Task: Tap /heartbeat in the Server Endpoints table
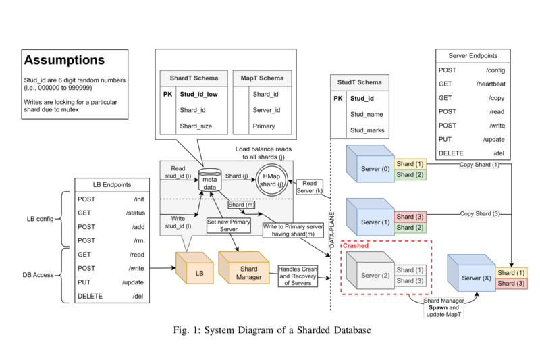(490, 84)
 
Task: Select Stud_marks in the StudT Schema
(367, 130)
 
